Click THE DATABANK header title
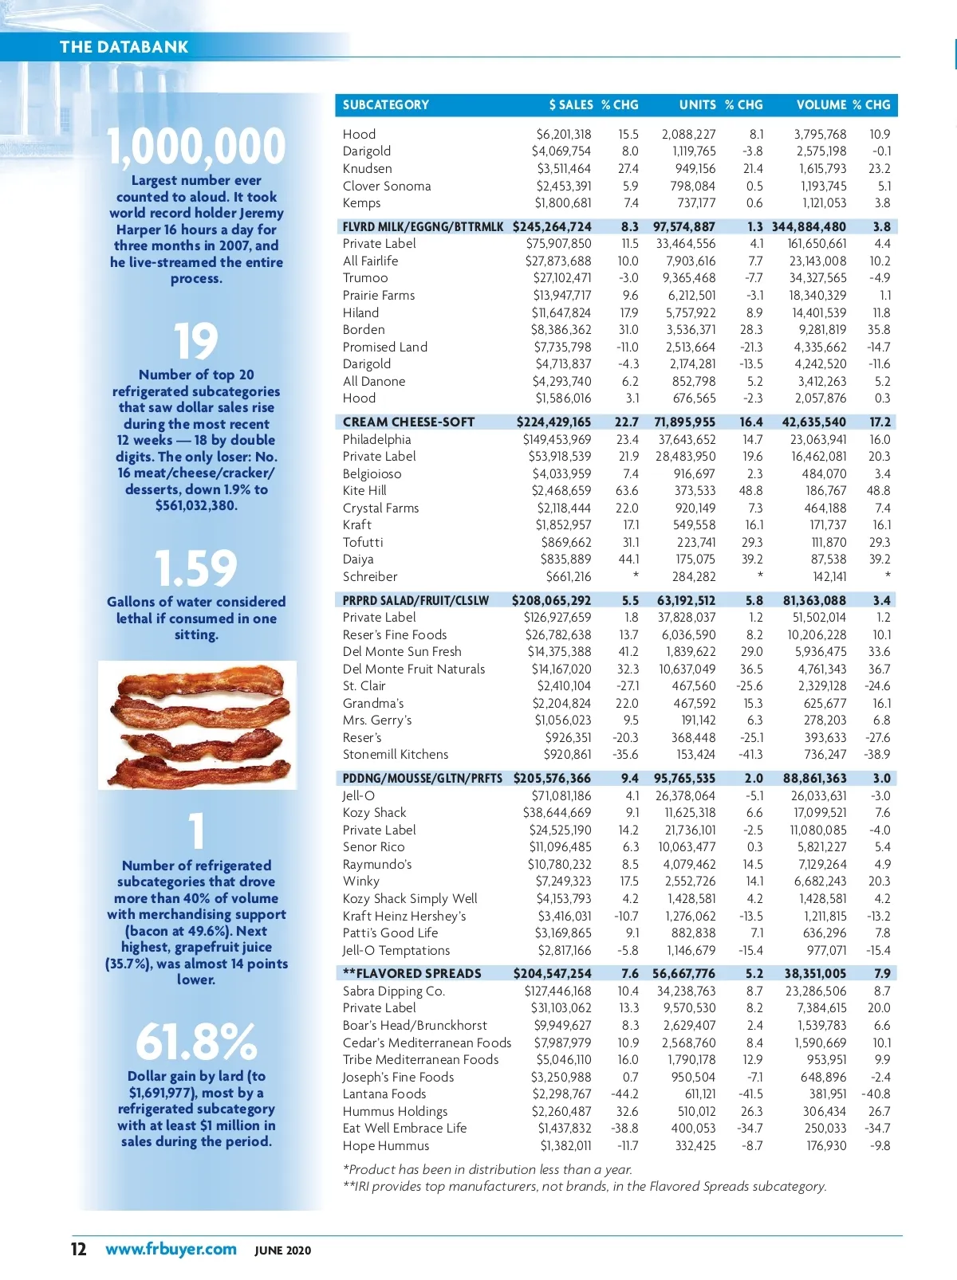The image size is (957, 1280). (x=124, y=46)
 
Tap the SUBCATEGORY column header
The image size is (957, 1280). (x=385, y=105)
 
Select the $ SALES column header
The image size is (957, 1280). (x=570, y=105)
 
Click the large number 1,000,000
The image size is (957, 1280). (x=196, y=147)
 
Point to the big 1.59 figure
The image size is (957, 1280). (x=196, y=568)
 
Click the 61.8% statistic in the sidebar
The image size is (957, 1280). (x=196, y=1042)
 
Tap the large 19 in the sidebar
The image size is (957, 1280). (x=196, y=342)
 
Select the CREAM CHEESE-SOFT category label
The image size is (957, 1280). (x=408, y=422)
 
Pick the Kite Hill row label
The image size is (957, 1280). (x=364, y=491)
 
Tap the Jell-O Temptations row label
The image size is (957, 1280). (x=396, y=950)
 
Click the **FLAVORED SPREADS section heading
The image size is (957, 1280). (x=412, y=973)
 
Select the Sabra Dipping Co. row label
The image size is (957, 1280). (x=394, y=991)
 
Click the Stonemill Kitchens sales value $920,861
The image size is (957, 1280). (x=567, y=755)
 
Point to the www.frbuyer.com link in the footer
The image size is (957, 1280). (x=171, y=1249)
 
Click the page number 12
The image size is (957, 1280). (x=78, y=1249)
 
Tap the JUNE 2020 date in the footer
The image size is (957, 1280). (x=283, y=1251)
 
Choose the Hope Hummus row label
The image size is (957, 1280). (x=386, y=1146)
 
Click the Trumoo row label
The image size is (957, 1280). (x=365, y=278)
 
